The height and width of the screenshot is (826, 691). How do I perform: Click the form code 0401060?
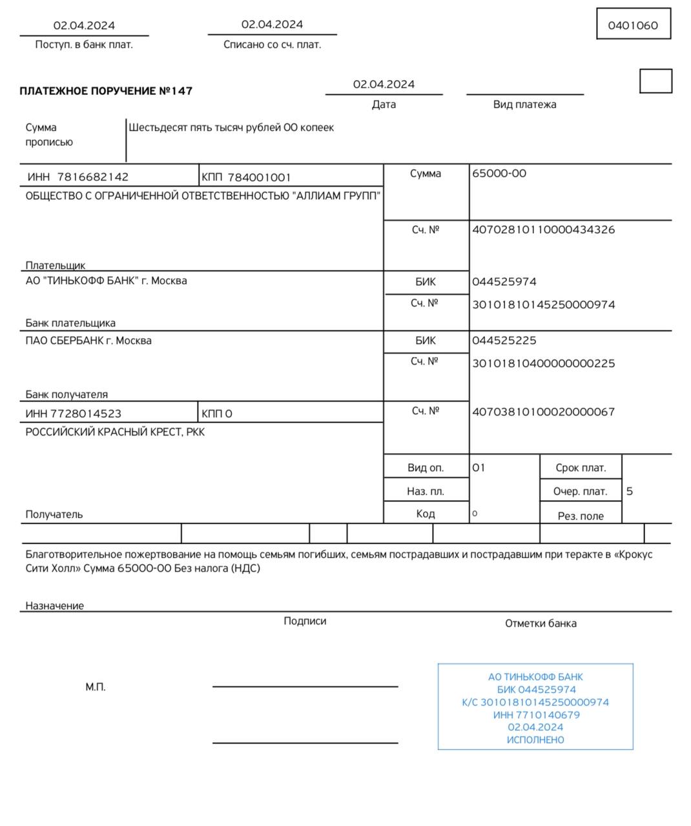(633, 25)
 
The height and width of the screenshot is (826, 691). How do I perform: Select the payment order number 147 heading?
(106, 91)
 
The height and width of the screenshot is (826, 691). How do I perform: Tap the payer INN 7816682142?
(92, 177)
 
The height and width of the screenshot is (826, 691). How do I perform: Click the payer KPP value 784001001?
(259, 177)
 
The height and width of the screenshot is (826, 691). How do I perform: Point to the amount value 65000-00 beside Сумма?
(499, 173)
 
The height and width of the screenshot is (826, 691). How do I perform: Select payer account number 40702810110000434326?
(543, 230)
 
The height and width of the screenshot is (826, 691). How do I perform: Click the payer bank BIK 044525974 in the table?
(504, 282)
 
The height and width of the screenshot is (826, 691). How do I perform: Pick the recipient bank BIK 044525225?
(504, 341)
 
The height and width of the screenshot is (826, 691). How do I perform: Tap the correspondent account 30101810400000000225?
(543, 364)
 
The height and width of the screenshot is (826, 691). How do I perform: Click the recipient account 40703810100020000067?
(543, 412)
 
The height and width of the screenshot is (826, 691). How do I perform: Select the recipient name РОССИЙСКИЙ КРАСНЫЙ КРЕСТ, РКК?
(115, 432)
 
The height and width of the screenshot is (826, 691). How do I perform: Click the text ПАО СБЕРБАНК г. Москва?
(88, 341)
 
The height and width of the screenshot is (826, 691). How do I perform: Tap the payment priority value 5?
(630, 492)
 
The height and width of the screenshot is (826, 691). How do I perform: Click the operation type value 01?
(479, 468)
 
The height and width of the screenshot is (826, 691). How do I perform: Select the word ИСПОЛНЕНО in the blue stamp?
(535, 740)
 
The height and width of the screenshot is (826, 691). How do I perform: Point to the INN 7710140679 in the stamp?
(536, 715)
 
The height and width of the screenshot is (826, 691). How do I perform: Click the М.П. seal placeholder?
(96, 687)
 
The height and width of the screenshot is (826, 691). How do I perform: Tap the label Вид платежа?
(524, 105)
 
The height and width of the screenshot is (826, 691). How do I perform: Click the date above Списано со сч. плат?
(272, 25)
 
